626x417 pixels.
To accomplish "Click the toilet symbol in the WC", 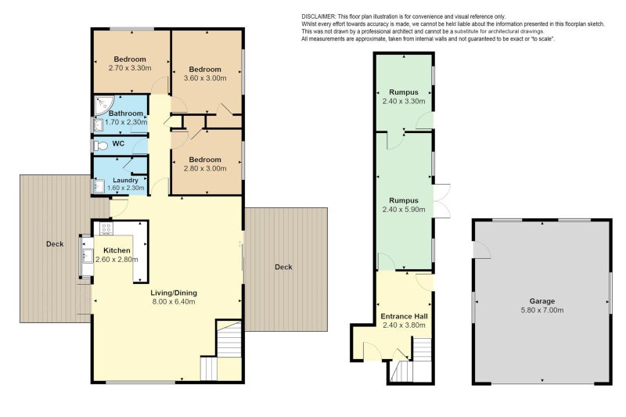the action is [x=101, y=146].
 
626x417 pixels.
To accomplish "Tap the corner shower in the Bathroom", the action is [x=103, y=105].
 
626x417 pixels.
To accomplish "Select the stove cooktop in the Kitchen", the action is [x=106, y=228].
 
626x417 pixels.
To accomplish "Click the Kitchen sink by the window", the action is [x=88, y=256].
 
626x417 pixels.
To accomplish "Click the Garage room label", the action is [x=541, y=301].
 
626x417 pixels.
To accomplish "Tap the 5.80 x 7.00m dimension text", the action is [x=541, y=310].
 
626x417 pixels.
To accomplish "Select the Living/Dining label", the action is [x=174, y=293].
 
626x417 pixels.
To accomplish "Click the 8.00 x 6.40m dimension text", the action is [x=174, y=302].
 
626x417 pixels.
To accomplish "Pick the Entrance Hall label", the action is [x=404, y=316].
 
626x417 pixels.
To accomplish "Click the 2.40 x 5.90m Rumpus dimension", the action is [x=404, y=210].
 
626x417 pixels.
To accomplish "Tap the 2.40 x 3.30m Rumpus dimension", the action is [x=404, y=102].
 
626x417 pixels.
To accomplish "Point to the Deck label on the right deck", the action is [x=283, y=267].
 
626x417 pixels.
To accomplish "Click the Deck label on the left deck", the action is [x=55, y=244].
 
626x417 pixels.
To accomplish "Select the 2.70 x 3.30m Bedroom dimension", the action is [x=130, y=68].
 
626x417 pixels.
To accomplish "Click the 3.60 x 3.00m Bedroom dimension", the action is [x=205, y=78].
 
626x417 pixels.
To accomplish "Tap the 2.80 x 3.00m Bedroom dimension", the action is [x=205, y=168].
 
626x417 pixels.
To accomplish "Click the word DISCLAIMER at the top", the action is [x=318, y=16].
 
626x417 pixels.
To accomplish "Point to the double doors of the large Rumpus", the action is [x=441, y=201].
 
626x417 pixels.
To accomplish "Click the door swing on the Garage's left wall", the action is [x=481, y=250].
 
